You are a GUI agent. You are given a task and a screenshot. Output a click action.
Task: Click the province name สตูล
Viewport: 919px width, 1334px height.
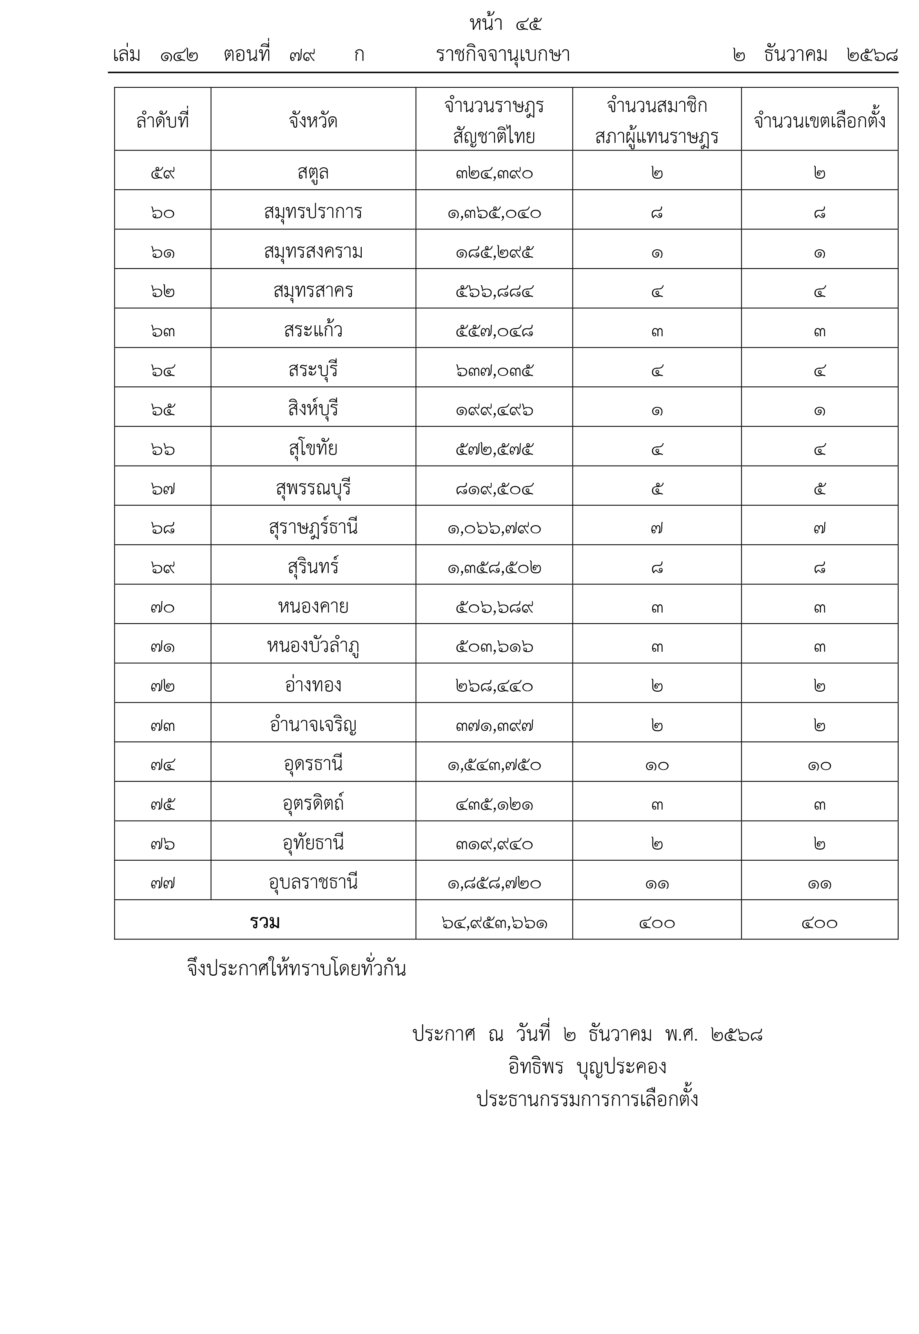(x=313, y=172)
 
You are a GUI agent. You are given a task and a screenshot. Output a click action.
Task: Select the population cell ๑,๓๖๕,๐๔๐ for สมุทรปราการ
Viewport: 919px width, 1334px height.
(x=494, y=213)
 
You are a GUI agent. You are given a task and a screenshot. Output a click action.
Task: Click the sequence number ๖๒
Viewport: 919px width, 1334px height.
(x=162, y=292)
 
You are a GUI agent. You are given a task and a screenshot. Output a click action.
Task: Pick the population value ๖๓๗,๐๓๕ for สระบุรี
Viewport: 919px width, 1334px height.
(x=494, y=371)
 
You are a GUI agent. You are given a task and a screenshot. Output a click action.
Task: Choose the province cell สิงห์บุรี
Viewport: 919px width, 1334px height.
(x=313, y=409)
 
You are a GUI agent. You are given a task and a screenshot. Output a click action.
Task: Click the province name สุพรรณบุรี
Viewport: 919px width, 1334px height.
(x=313, y=488)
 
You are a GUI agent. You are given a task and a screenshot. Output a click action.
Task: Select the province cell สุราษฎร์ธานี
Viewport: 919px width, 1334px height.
(x=313, y=528)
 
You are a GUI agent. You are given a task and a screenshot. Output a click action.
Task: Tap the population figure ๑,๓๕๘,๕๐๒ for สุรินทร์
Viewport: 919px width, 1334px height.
(x=494, y=568)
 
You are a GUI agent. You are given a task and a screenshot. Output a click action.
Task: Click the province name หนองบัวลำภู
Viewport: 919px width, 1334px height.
(x=313, y=646)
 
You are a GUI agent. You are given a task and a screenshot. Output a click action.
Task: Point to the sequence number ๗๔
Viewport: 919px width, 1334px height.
(x=162, y=765)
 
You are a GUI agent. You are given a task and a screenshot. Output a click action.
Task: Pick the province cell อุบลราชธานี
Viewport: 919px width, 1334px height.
(x=313, y=883)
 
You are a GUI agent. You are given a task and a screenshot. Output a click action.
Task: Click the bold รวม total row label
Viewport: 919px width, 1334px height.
(x=265, y=923)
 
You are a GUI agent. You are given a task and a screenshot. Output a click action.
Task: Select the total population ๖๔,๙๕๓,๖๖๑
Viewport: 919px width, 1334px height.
(x=494, y=923)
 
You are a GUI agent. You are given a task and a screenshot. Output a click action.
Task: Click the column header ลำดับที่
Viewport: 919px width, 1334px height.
(x=162, y=121)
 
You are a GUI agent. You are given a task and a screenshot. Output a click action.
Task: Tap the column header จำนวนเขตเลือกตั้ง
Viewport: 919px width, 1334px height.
(x=819, y=121)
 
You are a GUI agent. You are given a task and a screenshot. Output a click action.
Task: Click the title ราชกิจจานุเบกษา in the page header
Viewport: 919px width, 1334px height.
(x=503, y=55)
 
